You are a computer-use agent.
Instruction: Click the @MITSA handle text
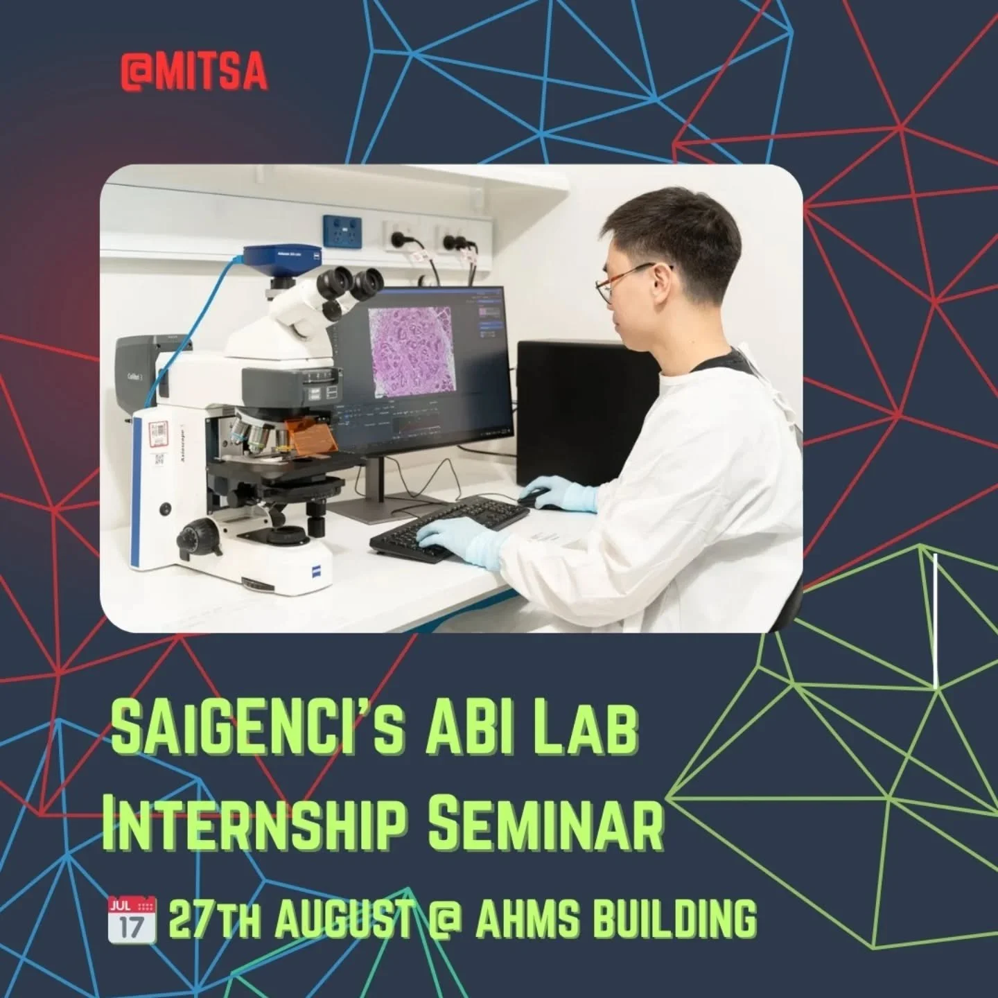[193, 74]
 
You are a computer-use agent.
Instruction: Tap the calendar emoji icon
[132, 919]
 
